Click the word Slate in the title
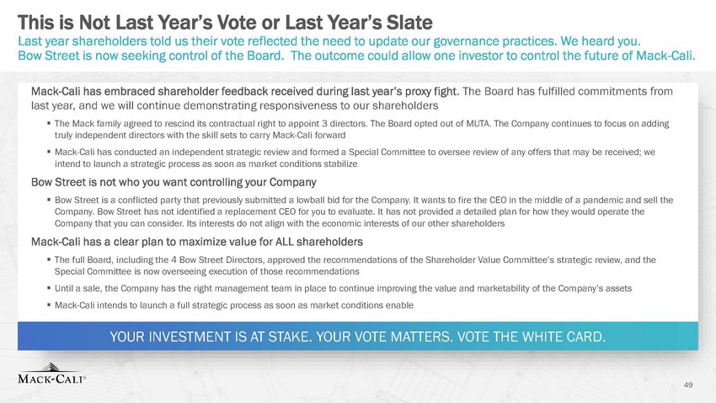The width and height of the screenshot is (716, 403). tap(409, 22)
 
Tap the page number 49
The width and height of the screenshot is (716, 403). tap(688, 384)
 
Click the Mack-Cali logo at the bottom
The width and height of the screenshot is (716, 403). tap(51, 373)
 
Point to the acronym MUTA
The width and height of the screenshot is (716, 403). tap(478, 123)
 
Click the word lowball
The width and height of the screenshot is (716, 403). tap(313, 200)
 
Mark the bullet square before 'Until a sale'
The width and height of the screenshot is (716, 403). tap(48, 288)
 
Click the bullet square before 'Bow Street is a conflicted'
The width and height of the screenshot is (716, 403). tap(48, 200)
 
